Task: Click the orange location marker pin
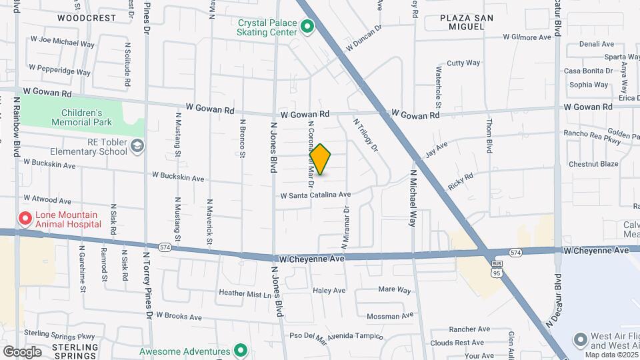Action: pyautogui.click(x=321, y=159)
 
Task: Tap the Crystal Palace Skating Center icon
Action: pyautogui.click(x=307, y=27)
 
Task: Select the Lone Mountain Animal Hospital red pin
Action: pyautogui.click(x=25, y=219)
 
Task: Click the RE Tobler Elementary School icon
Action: pyautogui.click(x=137, y=146)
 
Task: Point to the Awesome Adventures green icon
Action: pyautogui.click(x=241, y=351)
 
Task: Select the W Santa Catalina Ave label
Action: pyautogui.click(x=315, y=195)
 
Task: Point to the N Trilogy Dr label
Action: pyautogui.click(x=365, y=134)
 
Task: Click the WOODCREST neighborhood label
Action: pyautogui.click(x=86, y=18)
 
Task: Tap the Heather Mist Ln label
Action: pyautogui.click(x=246, y=293)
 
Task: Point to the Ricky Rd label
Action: pyautogui.click(x=461, y=182)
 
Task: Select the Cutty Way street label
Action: pyautogui.click(x=463, y=63)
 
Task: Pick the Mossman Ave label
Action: pyautogui.click(x=391, y=316)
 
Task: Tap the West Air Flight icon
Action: pyautogui.click(x=579, y=339)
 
